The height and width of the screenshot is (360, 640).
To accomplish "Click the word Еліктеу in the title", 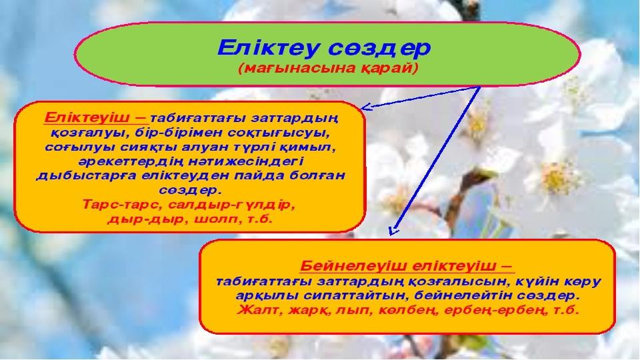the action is click(x=267, y=48).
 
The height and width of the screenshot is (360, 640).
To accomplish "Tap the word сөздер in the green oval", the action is click(x=379, y=49).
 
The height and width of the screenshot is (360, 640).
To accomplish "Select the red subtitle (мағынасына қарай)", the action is click(x=329, y=68).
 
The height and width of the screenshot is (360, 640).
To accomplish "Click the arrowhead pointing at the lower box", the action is click(x=393, y=231).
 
